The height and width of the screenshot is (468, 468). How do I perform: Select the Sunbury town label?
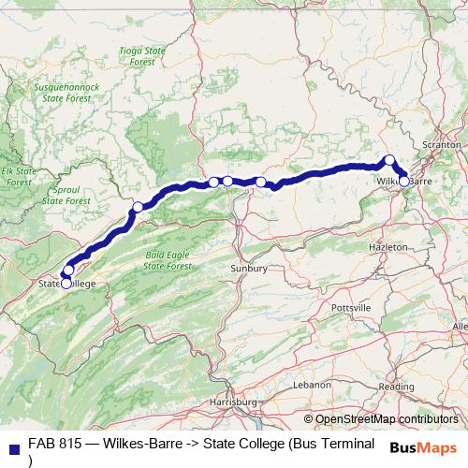coord(249,269)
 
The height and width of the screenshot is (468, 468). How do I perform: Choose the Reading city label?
coord(397,387)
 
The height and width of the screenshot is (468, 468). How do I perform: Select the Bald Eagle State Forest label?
coord(166,259)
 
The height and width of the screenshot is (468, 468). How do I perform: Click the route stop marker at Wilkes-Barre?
coord(404,181)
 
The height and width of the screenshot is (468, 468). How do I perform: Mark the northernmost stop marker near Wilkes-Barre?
coord(390,159)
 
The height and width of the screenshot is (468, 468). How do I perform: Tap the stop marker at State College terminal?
coord(66,283)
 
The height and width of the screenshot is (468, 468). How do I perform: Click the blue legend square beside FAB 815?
coord(14,445)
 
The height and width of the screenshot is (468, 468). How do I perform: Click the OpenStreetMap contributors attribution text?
coord(387,419)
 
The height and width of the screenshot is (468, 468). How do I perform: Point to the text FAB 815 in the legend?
coord(55,444)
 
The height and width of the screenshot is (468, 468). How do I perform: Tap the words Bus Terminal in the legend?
coord(332,444)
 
